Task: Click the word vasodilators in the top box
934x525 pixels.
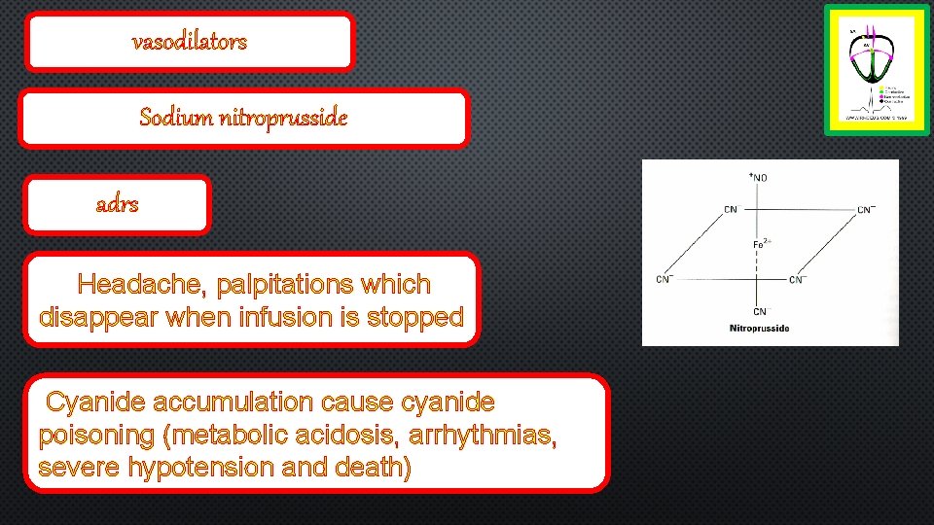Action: click(190, 42)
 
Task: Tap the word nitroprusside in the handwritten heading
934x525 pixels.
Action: click(283, 119)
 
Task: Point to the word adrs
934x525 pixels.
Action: click(117, 205)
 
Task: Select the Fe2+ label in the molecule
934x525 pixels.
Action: click(764, 243)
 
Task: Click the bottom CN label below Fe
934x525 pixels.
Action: click(759, 311)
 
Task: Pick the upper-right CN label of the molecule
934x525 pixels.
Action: click(866, 209)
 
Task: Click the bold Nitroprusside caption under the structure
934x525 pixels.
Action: click(759, 329)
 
